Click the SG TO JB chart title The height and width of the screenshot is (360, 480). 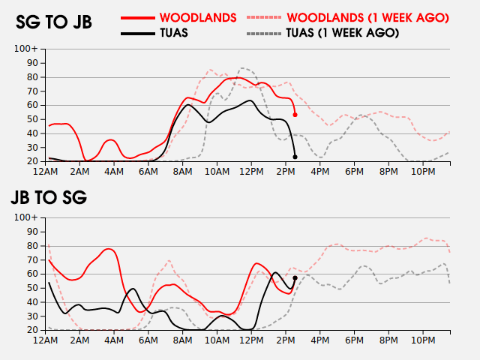pyautogui.click(x=54, y=22)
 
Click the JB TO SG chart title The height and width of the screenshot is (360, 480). pyautogui.click(x=48, y=198)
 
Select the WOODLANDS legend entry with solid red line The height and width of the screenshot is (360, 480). pyautogui.click(x=198, y=16)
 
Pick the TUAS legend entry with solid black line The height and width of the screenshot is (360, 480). pyautogui.click(x=173, y=33)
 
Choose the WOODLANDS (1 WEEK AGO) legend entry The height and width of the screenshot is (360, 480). pyautogui.click(x=367, y=16)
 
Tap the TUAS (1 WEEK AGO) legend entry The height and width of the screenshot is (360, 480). pyautogui.click(x=343, y=33)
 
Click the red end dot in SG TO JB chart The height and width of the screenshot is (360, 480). pyautogui.click(x=295, y=115)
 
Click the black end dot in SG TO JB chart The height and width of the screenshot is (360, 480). pyautogui.click(x=295, y=157)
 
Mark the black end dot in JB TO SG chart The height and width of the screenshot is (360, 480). pyautogui.click(x=295, y=278)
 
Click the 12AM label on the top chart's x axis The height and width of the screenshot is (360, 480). pyautogui.click(x=46, y=171)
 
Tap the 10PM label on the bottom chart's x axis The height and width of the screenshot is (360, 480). pyautogui.click(x=423, y=340)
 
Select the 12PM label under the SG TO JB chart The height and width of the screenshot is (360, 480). pyautogui.click(x=251, y=171)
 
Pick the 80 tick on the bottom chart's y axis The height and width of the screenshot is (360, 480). pyautogui.click(x=33, y=245)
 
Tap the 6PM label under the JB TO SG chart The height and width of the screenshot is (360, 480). pyautogui.click(x=355, y=340)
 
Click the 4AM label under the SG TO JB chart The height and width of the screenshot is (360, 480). pyautogui.click(x=115, y=171)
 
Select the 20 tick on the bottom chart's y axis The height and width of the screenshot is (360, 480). pyautogui.click(x=33, y=330)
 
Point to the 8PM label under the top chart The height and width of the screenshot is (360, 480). pyautogui.click(x=388, y=171)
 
